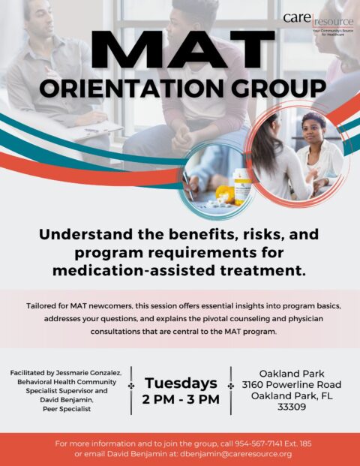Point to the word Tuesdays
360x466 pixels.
point(181,383)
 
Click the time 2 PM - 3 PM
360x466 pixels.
point(181,399)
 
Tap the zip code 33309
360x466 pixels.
point(292,407)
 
